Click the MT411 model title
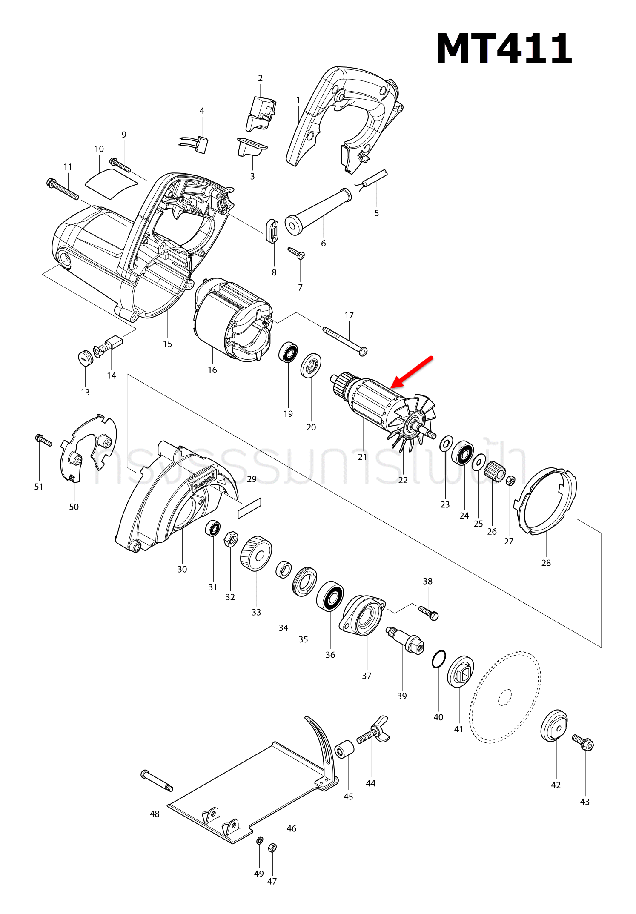(x=504, y=49)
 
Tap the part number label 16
(x=212, y=370)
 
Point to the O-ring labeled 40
(x=438, y=659)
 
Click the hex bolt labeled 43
(x=583, y=742)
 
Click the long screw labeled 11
(x=63, y=190)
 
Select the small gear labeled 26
(x=495, y=471)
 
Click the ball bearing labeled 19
(x=288, y=352)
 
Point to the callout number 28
(x=546, y=563)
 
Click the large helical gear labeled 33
(x=256, y=553)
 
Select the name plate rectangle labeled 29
(x=249, y=508)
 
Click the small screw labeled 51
(x=44, y=440)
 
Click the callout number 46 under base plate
(x=291, y=828)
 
